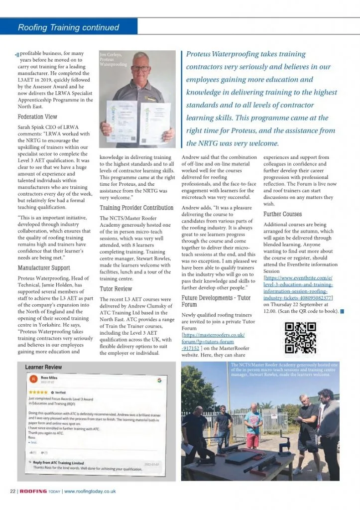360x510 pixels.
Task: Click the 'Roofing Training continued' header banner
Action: pos(69,27)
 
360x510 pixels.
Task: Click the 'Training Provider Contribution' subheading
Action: pos(137,208)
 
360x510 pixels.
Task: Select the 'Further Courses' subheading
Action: pos(282,214)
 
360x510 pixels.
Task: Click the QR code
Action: pos(300,337)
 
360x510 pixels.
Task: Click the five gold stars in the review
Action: pos(39,392)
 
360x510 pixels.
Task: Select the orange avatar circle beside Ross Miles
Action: pos(33,379)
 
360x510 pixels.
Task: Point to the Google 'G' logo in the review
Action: pos(159,380)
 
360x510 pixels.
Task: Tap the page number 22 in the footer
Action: pos(12,491)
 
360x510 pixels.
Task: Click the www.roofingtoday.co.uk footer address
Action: pos(90,491)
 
